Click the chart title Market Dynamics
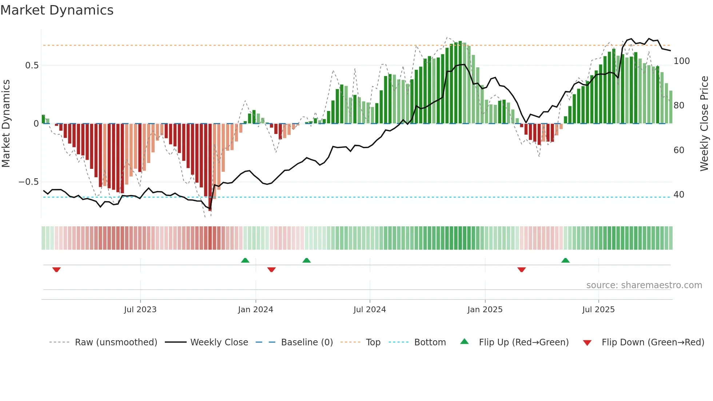click(x=57, y=10)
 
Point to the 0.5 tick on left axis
click(x=32, y=65)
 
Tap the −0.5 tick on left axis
click(x=29, y=182)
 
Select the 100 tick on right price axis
click(x=681, y=61)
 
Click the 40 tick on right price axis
click(x=678, y=195)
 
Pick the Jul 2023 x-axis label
click(x=140, y=310)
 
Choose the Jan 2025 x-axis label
click(x=485, y=310)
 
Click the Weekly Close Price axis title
click(x=704, y=124)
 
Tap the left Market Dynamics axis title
click(x=6, y=124)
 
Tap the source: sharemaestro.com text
click(x=644, y=285)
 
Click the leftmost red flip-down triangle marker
click(x=56, y=269)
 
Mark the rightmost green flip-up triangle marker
click(x=565, y=261)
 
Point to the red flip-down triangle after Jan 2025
click(x=521, y=269)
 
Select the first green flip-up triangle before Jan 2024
click(x=245, y=261)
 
